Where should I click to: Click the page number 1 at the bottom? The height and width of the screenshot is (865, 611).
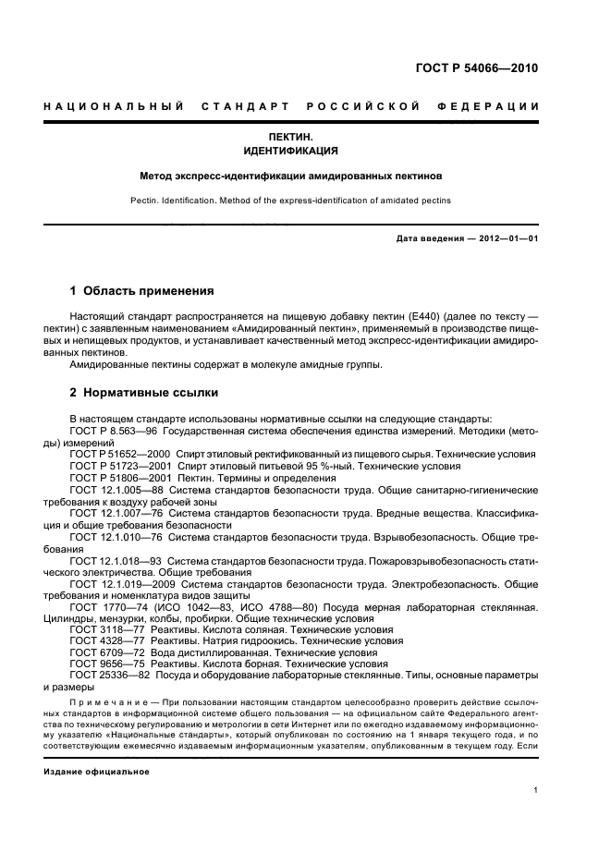[536, 790]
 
